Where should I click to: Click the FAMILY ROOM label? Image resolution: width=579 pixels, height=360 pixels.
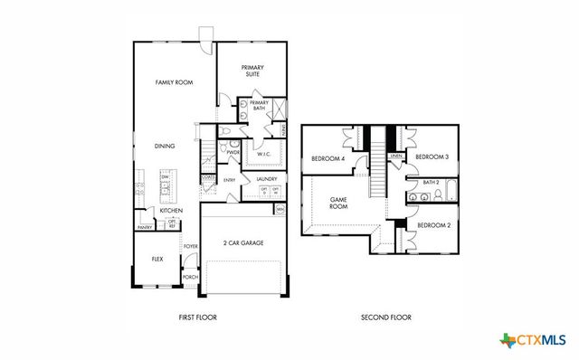click(175, 82)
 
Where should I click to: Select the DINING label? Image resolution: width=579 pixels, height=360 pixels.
click(165, 146)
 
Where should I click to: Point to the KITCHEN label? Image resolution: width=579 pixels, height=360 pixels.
click(172, 211)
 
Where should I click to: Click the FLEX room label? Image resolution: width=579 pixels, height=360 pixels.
click(157, 258)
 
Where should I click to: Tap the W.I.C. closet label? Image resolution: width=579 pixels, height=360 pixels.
click(264, 154)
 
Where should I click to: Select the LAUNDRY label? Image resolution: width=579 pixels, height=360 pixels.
click(266, 179)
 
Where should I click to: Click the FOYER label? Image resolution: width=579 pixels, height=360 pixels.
click(191, 246)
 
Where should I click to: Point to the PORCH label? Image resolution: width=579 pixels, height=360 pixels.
click(191, 277)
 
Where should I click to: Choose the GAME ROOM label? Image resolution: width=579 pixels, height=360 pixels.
click(338, 203)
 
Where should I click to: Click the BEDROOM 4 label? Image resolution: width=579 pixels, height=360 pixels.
click(327, 158)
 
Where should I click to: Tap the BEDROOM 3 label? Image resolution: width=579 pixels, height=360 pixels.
click(432, 157)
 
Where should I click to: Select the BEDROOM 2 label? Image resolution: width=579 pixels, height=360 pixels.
click(433, 223)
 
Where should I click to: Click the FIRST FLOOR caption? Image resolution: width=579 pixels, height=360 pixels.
click(198, 317)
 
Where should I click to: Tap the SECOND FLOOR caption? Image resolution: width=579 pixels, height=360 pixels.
click(386, 317)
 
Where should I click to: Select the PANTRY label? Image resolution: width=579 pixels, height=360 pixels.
click(144, 227)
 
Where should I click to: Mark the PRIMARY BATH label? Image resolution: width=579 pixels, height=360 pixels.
click(259, 106)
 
